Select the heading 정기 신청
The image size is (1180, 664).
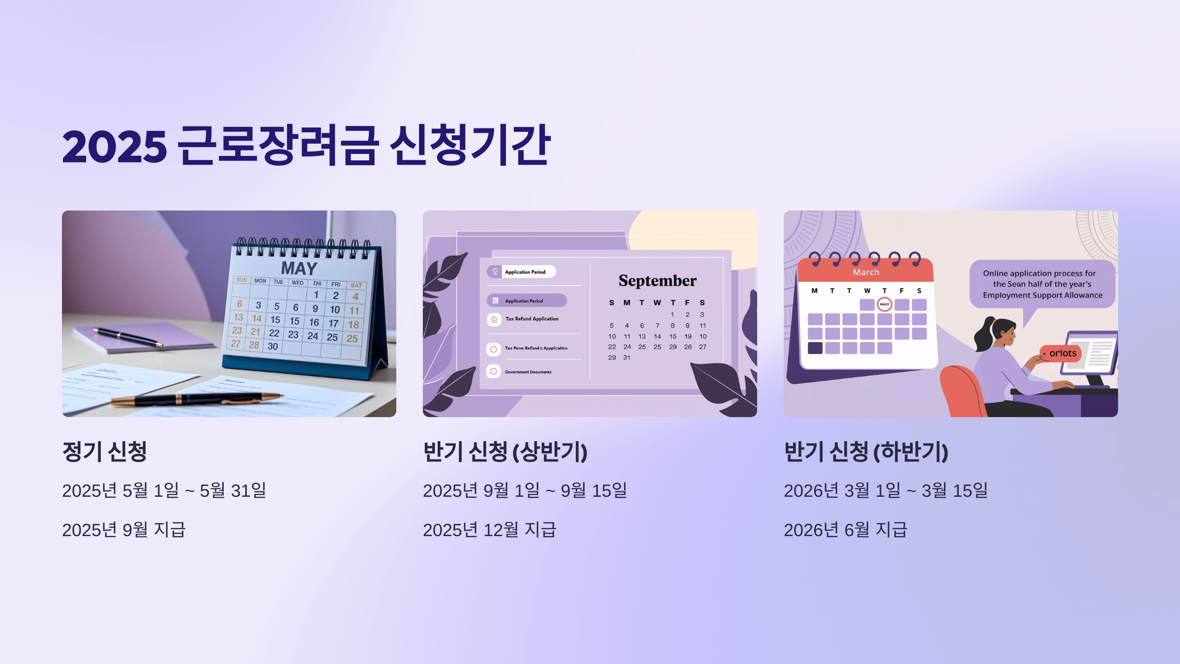pyautogui.click(x=105, y=452)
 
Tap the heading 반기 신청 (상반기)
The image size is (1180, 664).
pyautogui.click(x=505, y=452)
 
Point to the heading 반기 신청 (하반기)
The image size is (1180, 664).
pyautogui.click(x=866, y=452)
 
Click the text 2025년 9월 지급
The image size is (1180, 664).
pyautogui.click(x=124, y=530)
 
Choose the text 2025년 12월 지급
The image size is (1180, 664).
pyautogui.click(x=489, y=530)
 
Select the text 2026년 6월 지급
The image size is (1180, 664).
pyautogui.click(x=845, y=530)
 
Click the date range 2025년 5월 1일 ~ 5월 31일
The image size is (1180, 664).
pyautogui.click(x=164, y=490)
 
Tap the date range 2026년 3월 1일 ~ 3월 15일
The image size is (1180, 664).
pyautogui.click(x=885, y=490)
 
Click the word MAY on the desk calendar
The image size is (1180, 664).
pyautogui.click(x=299, y=269)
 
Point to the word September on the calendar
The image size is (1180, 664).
pyautogui.click(x=657, y=280)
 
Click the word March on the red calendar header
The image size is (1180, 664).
pyautogui.click(x=866, y=272)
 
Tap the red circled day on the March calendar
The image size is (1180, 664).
pyautogui.click(x=884, y=304)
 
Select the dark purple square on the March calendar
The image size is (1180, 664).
pyautogui.click(x=815, y=348)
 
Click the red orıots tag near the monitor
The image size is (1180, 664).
pyautogui.click(x=1062, y=353)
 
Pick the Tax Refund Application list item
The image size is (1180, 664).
pyautogui.click(x=531, y=319)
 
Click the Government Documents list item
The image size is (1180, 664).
pyautogui.click(x=528, y=372)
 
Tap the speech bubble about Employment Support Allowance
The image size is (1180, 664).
pyautogui.click(x=1042, y=284)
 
